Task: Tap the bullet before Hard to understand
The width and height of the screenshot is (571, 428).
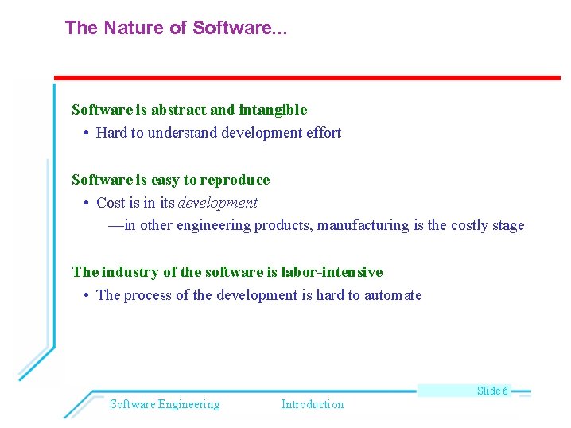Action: (x=85, y=134)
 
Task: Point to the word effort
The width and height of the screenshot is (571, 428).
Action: (x=322, y=134)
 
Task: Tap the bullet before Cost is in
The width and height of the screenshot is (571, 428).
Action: (x=85, y=204)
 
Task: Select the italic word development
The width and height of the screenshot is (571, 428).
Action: (x=218, y=203)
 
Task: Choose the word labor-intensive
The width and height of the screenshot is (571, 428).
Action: (x=332, y=272)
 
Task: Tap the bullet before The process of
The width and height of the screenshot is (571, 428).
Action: (x=85, y=296)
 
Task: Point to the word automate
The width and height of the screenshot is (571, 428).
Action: (x=393, y=296)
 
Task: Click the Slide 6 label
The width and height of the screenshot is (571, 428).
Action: (x=492, y=391)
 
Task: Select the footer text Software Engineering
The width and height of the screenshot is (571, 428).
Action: (x=165, y=404)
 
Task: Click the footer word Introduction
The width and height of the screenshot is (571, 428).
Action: (x=313, y=404)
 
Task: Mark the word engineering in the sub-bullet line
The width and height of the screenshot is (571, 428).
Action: (x=213, y=226)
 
